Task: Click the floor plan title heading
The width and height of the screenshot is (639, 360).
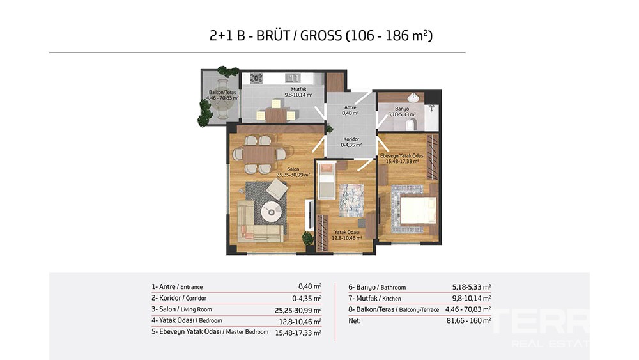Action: point(321,36)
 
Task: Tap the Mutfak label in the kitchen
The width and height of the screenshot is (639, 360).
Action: point(298,90)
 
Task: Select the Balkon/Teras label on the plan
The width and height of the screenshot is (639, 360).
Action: point(222,93)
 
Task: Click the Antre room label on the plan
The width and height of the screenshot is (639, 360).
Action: point(350,107)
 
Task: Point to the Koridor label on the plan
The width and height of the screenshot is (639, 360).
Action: point(351,139)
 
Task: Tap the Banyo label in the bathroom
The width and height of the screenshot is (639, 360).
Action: point(401,109)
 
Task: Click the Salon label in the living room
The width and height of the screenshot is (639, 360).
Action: point(293,169)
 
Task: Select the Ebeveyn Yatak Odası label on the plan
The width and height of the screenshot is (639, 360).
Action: point(402,156)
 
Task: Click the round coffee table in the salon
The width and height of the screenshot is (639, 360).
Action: point(272,211)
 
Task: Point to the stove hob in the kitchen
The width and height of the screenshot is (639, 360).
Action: point(256,78)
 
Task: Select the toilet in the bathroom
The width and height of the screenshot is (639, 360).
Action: point(410,123)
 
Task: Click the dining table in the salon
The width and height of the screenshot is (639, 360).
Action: point(259,155)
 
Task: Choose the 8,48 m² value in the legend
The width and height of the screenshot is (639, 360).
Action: point(310,286)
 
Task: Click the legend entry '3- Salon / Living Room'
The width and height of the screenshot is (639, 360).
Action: point(181,309)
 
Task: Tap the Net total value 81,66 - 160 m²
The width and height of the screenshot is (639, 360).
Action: point(468,321)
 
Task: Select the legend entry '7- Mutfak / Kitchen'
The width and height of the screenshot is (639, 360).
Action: point(374,299)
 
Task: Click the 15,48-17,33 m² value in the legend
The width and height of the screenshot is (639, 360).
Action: point(298,333)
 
